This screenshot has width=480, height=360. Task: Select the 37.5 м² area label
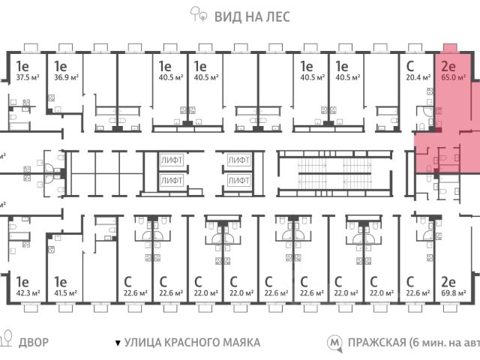click(x=28, y=76)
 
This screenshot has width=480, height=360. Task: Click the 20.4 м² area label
click(x=416, y=76)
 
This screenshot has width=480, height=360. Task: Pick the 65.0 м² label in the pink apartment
click(x=452, y=76)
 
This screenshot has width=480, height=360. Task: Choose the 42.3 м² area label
click(x=28, y=292)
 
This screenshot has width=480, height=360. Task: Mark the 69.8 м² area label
click(x=452, y=292)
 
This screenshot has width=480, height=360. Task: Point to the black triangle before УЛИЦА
click(x=117, y=343)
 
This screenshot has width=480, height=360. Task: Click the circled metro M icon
click(x=334, y=343)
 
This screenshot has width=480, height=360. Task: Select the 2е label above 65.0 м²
click(x=448, y=65)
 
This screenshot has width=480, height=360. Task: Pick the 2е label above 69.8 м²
click(x=448, y=282)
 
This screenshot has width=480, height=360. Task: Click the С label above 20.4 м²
click(x=409, y=65)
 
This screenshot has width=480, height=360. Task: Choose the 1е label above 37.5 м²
click(x=22, y=65)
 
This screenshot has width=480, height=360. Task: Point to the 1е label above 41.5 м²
click(x=58, y=282)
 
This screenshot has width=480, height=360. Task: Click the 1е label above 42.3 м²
click(x=22, y=282)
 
